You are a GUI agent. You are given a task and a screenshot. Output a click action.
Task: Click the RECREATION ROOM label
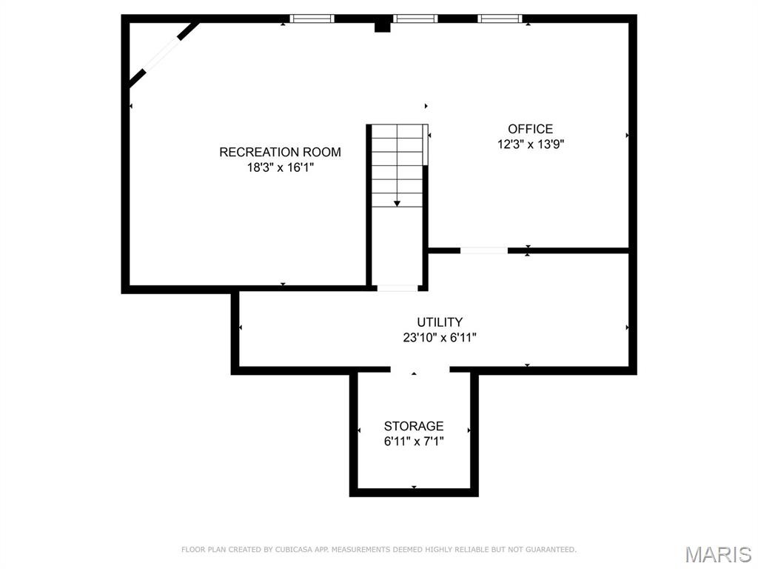pyautogui.click(x=280, y=152)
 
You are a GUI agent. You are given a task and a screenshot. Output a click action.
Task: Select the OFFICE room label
pyautogui.click(x=530, y=129)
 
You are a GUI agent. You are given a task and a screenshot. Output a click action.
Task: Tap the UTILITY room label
pyautogui.click(x=440, y=322)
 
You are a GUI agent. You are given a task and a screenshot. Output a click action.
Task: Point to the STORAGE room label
pyautogui.click(x=414, y=426)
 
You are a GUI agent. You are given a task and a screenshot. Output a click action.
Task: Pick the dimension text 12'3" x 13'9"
pyautogui.click(x=531, y=145)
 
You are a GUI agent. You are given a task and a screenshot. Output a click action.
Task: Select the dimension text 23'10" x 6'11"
pyautogui.click(x=440, y=338)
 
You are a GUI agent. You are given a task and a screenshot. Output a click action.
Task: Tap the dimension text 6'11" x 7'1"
pyautogui.click(x=414, y=442)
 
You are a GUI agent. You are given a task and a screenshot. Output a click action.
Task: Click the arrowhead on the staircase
pyautogui.click(x=398, y=202)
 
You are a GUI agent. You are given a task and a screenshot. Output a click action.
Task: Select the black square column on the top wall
pyautogui.click(x=382, y=27)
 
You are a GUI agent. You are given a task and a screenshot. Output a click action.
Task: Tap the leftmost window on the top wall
pyautogui.click(x=312, y=19)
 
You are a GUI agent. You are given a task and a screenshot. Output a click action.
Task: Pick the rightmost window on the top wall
pyautogui.click(x=500, y=19)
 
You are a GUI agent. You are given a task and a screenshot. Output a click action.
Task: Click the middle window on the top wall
pyautogui.click(x=415, y=19)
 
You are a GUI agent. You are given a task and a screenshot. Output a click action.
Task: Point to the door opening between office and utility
pyautogui.click(x=484, y=251)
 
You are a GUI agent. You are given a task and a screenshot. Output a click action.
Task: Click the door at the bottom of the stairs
pyautogui.click(x=398, y=287)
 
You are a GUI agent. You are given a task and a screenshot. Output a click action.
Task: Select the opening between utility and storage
pyautogui.click(x=420, y=370)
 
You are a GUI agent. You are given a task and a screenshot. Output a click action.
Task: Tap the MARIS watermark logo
pyautogui.click(x=717, y=554)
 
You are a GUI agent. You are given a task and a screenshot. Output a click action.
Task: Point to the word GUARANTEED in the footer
pyautogui.click(x=551, y=550)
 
